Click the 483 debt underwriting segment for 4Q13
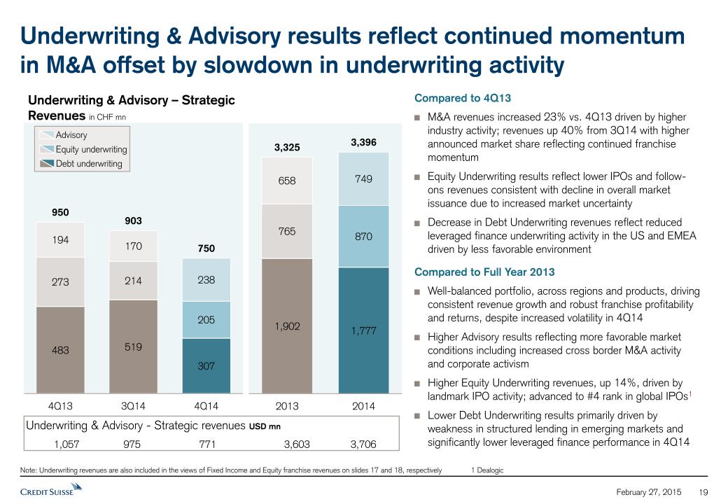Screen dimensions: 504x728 point(60,350)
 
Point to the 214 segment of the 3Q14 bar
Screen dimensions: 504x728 point(134,281)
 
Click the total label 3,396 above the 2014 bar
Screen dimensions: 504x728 point(364,142)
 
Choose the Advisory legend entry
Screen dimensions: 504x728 point(71,135)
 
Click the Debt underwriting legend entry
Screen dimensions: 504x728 point(89,164)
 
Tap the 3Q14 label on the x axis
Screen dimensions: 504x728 point(134,406)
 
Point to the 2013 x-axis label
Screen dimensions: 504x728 point(287,406)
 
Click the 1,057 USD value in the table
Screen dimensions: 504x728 point(67,443)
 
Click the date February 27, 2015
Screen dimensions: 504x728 point(648,492)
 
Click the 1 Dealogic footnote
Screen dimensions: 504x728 point(488,471)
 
